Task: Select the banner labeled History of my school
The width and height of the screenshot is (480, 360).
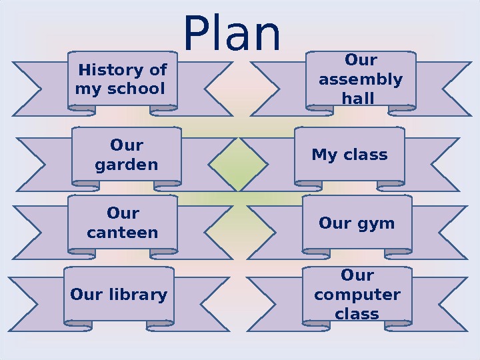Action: click(x=122, y=79)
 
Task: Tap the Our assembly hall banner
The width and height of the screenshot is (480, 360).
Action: click(x=361, y=79)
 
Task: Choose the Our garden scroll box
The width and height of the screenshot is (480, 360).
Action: click(x=126, y=155)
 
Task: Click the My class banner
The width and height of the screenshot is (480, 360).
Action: click(x=349, y=155)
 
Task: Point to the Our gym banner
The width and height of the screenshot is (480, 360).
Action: click(x=357, y=223)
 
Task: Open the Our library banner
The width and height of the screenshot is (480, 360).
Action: click(x=119, y=295)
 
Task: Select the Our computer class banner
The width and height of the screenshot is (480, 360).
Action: click(x=357, y=295)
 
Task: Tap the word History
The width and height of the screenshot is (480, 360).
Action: click(x=109, y=70)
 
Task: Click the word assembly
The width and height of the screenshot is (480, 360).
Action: click(x=361, y=80)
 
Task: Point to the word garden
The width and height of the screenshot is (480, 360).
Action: click(x=127, y=164)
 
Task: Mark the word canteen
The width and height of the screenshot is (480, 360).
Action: click(x=123, y=233)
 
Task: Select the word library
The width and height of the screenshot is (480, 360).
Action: click(x=138, y=295)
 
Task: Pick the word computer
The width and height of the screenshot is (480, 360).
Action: click(x=357, y=295)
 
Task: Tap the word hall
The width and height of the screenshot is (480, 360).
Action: click(x=357, y=99)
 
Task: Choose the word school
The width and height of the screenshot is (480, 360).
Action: click(x=139, y=89)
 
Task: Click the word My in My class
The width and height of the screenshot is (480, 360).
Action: click(x=324, y=155)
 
